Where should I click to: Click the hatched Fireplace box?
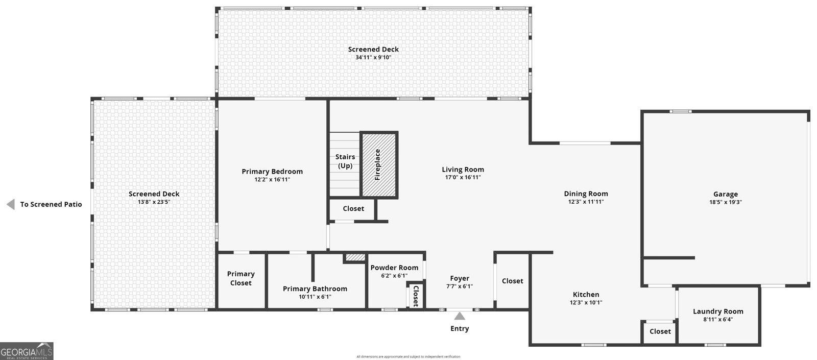pos(379,164)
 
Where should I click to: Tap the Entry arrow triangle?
pos(460,316)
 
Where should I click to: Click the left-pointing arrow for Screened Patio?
pos(10,204)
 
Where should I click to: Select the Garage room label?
pos(725,194)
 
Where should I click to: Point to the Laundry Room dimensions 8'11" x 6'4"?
pos(718,320)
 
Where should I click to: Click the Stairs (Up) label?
pos(345,161)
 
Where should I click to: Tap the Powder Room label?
pos(394,268)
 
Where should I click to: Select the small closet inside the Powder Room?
pos(415,296)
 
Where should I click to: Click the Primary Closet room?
pos(241,278)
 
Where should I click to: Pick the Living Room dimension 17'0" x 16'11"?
pos(463,178)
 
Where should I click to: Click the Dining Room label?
pos(586,194)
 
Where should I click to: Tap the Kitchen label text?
pos(586,294)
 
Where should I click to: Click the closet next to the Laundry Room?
pos(660,331)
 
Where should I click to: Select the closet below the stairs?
pos(353,208)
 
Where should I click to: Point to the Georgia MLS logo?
pos(27,351)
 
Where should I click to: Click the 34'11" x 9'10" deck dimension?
pos(373,58)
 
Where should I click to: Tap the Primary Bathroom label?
pos(315,289)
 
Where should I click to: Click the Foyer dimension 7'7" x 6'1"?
pos(460,286)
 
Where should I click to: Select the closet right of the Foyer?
pos(512,281)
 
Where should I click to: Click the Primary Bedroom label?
pos(272,172)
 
